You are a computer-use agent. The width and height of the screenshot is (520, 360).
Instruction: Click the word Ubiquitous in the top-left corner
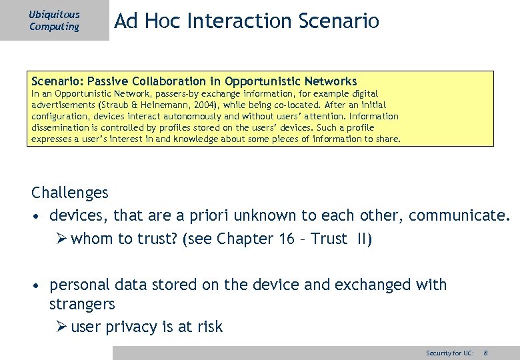pos(54,14)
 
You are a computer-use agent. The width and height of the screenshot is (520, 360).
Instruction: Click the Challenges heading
pos(69,193)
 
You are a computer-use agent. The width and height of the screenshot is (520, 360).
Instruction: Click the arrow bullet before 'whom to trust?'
pos(61,239)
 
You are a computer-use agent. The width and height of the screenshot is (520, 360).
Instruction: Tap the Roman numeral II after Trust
pos(364,239)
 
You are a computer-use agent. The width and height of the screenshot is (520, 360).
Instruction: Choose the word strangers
pos(82,304)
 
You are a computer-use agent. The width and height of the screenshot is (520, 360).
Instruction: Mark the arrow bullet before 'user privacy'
pos(61,327)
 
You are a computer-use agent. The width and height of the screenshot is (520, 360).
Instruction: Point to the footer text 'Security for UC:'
pos(450,353)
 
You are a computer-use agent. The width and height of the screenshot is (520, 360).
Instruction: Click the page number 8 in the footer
pos(485,353)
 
